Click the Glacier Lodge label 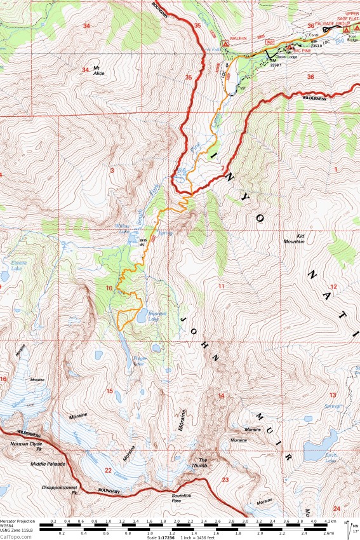[x=288, y=57]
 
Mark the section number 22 [x=109, y=470]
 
